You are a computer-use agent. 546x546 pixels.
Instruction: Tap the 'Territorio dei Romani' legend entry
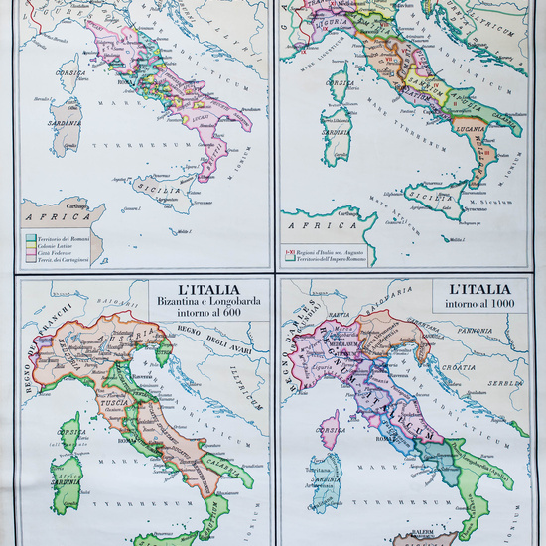(x=78, y=236)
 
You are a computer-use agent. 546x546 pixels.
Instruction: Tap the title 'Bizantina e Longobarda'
(x=198, y=303)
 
